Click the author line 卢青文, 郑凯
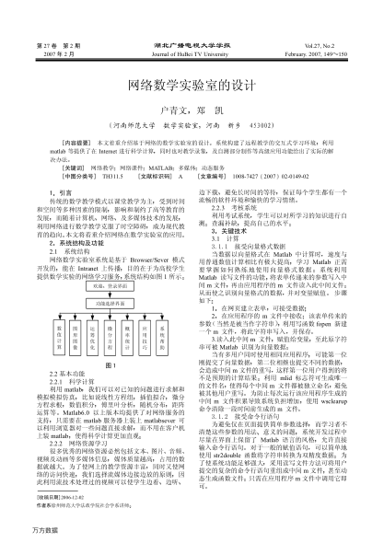(x=192, y=106)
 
